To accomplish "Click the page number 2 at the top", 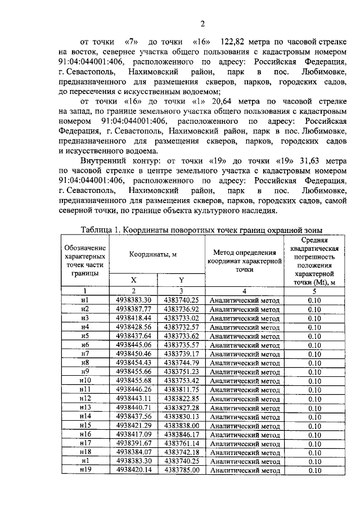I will point(202,23).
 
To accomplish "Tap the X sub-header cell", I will point(133,280).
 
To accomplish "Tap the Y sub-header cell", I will point(181,280).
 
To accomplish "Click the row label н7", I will point(85,354).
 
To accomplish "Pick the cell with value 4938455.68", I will point(134,380).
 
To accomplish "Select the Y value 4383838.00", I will point(181,426).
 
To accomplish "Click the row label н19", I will point(85,470).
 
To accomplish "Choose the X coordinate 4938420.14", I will point(134,470).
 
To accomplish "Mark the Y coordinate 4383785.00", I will point(181,470).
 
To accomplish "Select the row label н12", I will point(85,398).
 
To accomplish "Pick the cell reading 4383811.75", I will point(181,389).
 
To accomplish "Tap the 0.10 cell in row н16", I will point(314,434).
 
